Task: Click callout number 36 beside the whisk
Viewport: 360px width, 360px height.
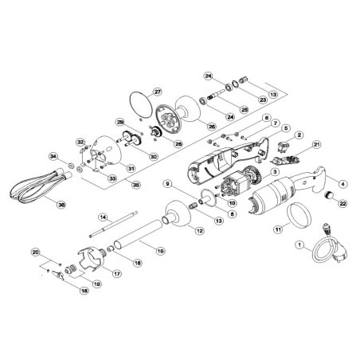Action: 61,202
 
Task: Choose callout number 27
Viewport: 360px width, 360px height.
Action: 158,91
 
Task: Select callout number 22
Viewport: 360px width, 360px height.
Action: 343,204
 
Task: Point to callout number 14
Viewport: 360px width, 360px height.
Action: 103,217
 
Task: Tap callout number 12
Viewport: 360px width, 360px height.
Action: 199,231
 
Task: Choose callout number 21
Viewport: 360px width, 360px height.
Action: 316,144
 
